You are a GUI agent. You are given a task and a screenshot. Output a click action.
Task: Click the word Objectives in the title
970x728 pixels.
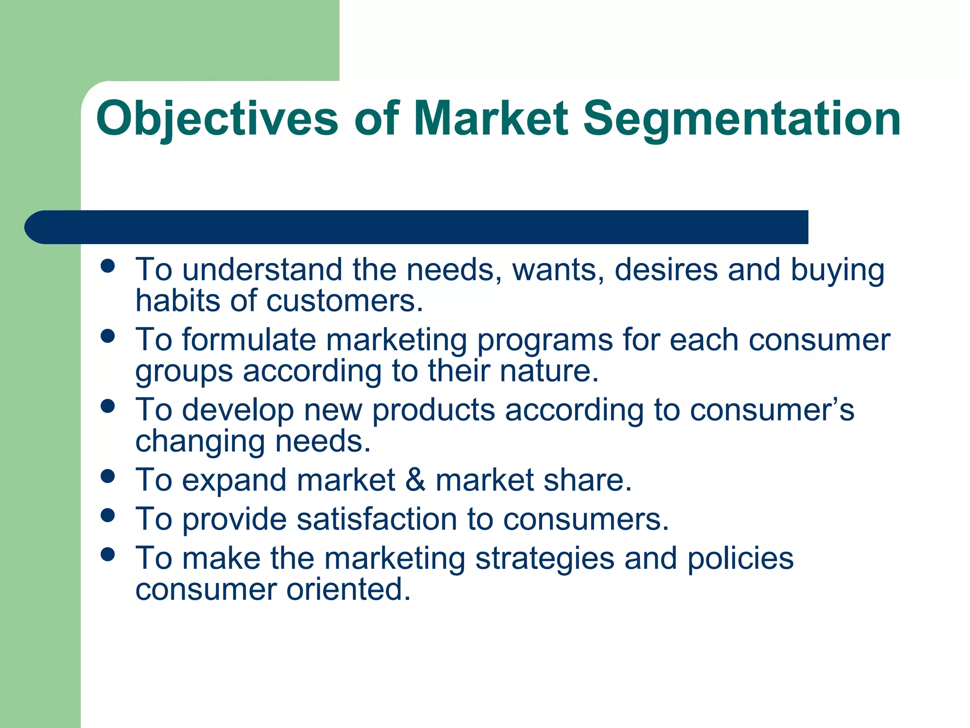click(x=217, y=119)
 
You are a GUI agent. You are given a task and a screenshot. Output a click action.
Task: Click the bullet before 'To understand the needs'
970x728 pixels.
click(x=108, y=266)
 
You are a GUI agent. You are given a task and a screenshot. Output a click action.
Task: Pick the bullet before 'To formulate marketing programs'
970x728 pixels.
click(x=108, y=336)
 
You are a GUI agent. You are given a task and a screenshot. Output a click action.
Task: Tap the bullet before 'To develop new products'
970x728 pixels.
click(x=108, y=406)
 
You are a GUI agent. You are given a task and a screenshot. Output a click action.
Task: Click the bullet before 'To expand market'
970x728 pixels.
click(x=108, y=476)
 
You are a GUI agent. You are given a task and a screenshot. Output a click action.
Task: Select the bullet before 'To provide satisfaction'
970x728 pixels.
click(x=108, y=515)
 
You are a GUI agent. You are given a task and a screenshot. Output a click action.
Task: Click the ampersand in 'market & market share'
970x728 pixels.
click(x=415, y=480)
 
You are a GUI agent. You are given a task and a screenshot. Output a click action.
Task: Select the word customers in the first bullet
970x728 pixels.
click(x=344, y=301)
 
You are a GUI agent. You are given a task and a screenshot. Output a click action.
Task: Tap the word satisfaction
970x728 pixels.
click(x=377, y=519)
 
